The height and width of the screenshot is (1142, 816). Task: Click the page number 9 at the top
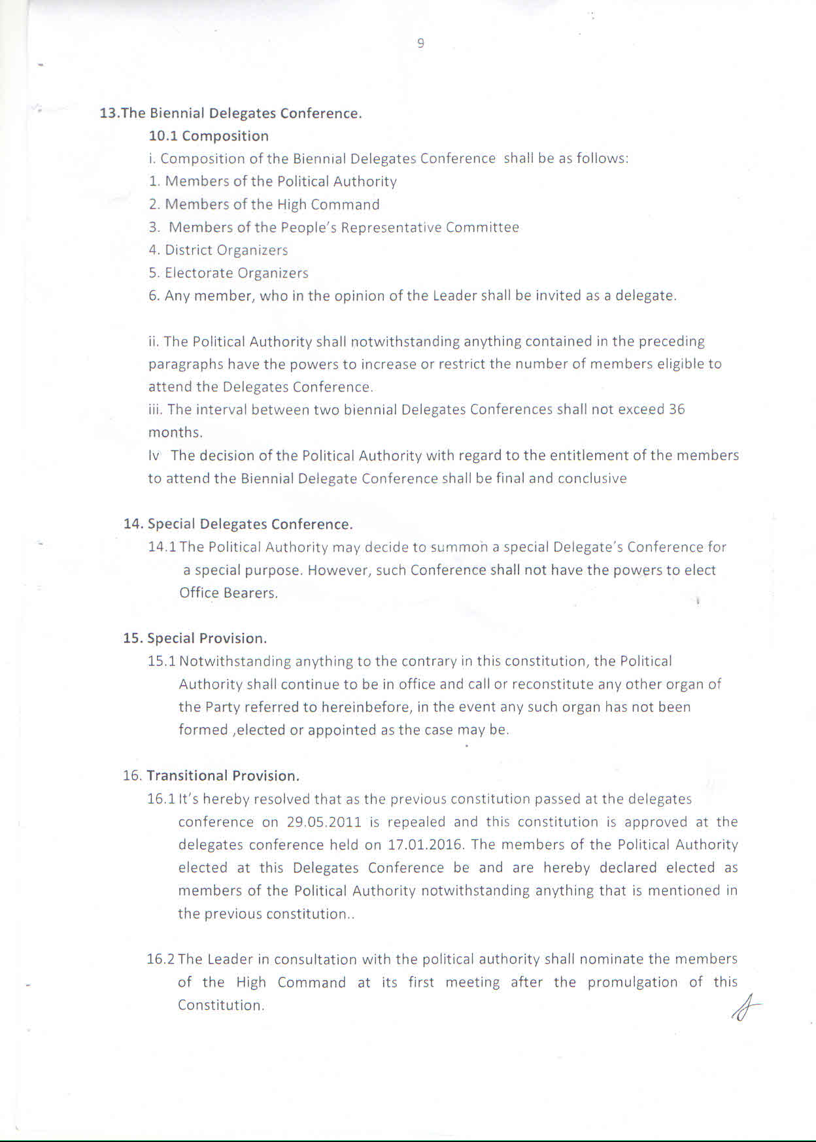[420, 43]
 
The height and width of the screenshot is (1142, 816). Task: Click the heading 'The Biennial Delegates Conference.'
[241, 113]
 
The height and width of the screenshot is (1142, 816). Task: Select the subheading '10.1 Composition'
[209, 136]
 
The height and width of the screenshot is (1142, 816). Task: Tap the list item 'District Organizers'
[226, 250]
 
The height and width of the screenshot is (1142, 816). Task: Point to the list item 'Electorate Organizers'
[236, 273]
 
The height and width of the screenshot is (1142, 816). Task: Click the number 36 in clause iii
[677, 410]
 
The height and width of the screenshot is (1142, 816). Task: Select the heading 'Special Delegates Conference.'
[250, 524]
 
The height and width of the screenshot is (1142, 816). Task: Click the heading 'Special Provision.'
[207, 638]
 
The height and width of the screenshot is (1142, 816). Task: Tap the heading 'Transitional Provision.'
[223, 776]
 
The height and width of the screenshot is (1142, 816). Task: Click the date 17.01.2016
[426, 845]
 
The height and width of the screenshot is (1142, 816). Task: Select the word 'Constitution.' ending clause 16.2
[221, 1005]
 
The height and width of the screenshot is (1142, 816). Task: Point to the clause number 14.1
[162, 547]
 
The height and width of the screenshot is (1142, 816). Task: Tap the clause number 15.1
[161, 662]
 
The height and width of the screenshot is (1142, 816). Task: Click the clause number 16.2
[160, 960]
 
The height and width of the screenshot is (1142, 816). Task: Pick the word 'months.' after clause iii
[175, 433]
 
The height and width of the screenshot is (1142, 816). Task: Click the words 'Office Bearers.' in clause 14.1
[228, 593]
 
